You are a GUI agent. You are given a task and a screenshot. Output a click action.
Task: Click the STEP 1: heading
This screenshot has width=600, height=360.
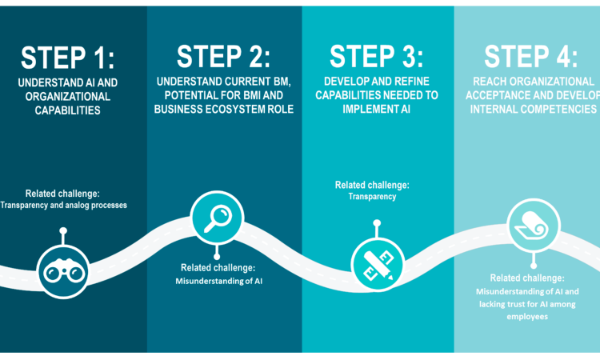68,57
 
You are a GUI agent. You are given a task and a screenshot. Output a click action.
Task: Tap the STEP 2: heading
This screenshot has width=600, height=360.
223,57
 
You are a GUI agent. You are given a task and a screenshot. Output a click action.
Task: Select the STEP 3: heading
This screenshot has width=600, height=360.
377,57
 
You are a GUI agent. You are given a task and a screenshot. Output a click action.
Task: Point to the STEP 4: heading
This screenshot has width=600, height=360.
531,57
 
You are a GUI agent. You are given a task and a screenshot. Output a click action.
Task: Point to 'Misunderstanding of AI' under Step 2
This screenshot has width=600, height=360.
218,281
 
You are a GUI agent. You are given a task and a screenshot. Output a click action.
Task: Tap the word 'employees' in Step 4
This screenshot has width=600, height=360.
527,317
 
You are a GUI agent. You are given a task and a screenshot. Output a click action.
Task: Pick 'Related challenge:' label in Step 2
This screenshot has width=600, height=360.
218,267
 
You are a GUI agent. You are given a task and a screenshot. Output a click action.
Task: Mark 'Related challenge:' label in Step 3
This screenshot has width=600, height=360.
371,185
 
